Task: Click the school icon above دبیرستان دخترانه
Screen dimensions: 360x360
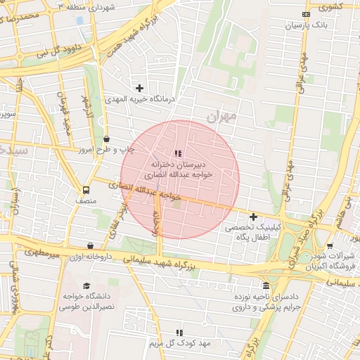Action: (x=177, y=153)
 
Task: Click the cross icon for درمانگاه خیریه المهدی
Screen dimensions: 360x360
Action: (x=140, y=88)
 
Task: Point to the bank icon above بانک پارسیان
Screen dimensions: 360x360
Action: (x=305, y=14)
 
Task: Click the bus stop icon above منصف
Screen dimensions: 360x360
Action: (x=86, y=189)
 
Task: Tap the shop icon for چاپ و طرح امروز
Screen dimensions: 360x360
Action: (x=106, y=139)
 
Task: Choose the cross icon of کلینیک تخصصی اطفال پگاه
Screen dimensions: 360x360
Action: (x=253, y=217)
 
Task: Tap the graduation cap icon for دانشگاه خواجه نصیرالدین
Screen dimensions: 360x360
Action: (x=86, y=285)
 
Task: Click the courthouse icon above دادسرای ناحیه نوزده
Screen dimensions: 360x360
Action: (x=266, y=285)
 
